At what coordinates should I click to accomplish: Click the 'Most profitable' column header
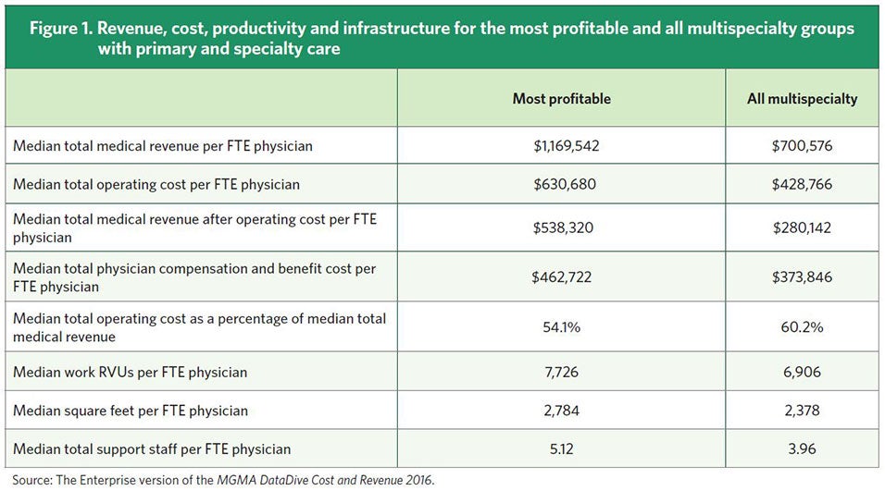(x=561, y=99)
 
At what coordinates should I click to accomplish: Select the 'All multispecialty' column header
(x=802, y=99)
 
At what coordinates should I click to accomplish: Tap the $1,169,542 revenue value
(x=561, y=146)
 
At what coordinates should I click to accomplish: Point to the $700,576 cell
(x=802, y=146)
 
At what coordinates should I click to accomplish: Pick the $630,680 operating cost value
(x=561, y=184)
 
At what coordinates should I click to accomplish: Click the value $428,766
(x=802, y=184)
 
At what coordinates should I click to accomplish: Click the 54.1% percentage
(x=561, y=327)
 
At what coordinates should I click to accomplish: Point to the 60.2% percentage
(x=802, y=327)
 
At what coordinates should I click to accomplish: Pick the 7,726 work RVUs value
(x=561, y=373)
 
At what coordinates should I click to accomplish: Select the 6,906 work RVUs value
(x=802, y=373)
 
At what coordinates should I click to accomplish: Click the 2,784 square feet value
(x=561, y=411)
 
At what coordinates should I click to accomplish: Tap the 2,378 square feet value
(x=802, y=411)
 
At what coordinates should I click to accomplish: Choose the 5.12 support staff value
(x=561, y=449)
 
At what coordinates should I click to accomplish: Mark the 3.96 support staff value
(x=802, y=449)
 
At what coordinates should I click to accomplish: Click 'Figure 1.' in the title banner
(x=63, y=29)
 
